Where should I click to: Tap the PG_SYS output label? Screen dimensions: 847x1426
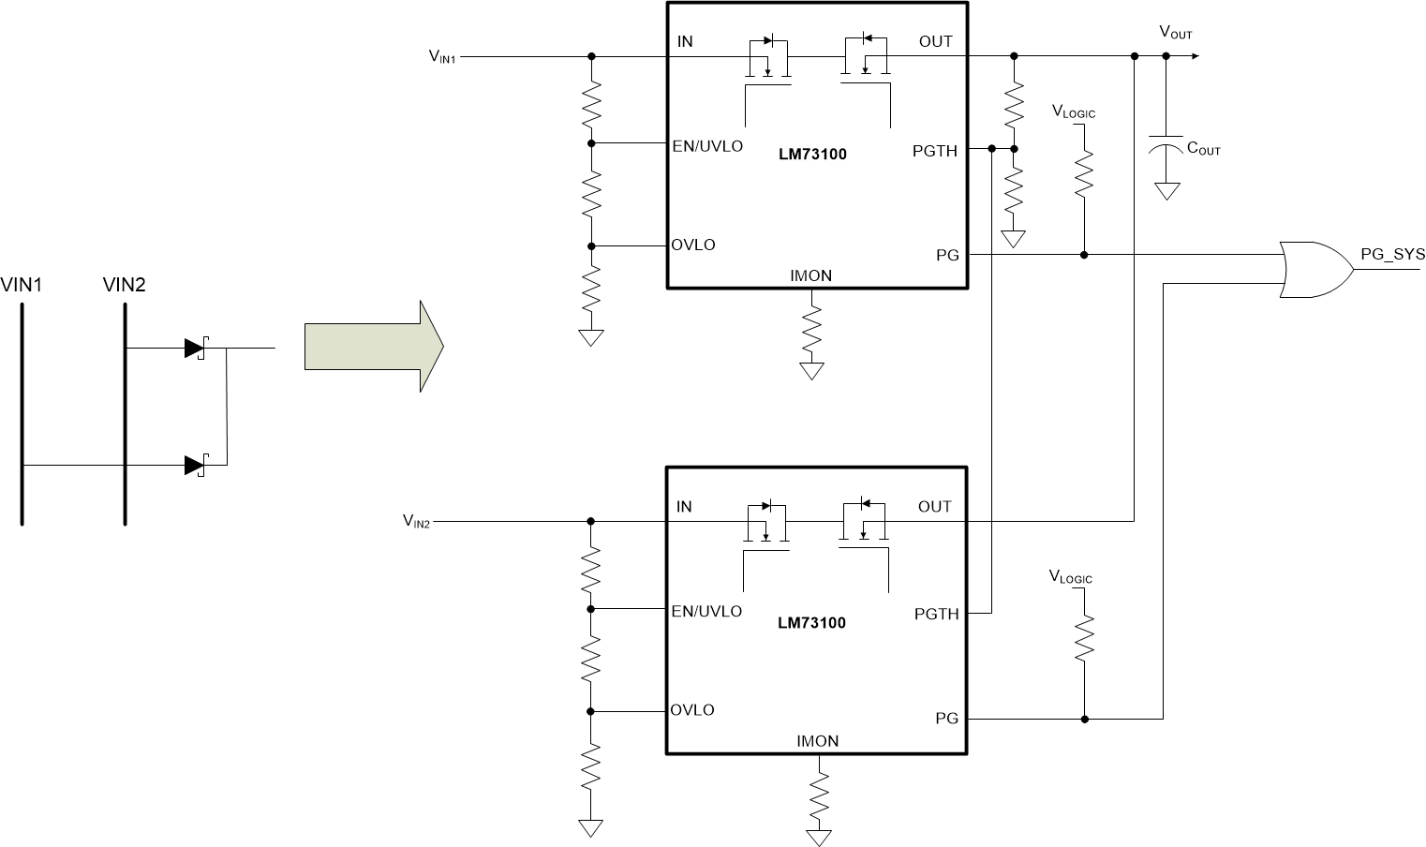[x=1392, y=254]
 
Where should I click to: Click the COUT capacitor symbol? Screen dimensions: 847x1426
[x=1166, y=144]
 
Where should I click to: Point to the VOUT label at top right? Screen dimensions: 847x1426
[x=1176, y=33]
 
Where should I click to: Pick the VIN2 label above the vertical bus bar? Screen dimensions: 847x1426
[x=124, y=284]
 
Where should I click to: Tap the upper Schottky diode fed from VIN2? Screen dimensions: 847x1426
[x=195, y=349]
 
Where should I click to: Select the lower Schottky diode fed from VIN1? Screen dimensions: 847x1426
[x=195, y=465]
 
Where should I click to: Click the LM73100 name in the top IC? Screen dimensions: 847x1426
[x=811, y=155]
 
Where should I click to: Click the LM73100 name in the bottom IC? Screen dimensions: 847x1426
[x=811, y=622]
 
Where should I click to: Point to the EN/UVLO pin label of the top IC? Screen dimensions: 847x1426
[x=707, y=146]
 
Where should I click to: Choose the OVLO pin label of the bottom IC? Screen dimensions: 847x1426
[x=692, y=709]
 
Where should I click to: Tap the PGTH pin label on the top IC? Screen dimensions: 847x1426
[x=935, y=150]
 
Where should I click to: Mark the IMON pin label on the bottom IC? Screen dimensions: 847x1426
[x=817, y=741]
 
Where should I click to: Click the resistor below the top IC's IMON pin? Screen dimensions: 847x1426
[x=811, y=328]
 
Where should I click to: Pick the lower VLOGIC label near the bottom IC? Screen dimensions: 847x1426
[x=1071, y=578]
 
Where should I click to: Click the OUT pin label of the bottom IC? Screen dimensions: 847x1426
[x=935, y=507]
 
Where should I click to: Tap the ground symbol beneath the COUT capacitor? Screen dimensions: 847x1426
[x=1166, y=191]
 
